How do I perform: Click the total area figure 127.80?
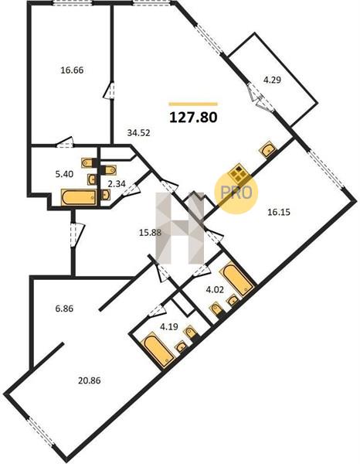[193, 118]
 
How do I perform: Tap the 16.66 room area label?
[72, 70]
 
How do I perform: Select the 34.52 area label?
[138, 133]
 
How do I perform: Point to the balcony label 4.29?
[272, 80]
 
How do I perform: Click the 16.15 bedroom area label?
[279, 212]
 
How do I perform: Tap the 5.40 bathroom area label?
[64, 174]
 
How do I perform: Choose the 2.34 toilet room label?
[117, 184]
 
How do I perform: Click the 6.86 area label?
[64, 309]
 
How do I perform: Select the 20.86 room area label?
[90, 380]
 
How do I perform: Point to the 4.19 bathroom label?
[168, 326]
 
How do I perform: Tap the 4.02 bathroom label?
[215, 289]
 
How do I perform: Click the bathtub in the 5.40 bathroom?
[79, 197]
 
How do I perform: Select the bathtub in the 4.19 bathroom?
[159, 350]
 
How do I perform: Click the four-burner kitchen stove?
[239, 172]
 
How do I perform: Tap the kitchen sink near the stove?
[268, 149]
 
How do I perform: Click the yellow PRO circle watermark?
[236, 193]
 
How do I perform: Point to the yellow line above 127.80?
[193, 104]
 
